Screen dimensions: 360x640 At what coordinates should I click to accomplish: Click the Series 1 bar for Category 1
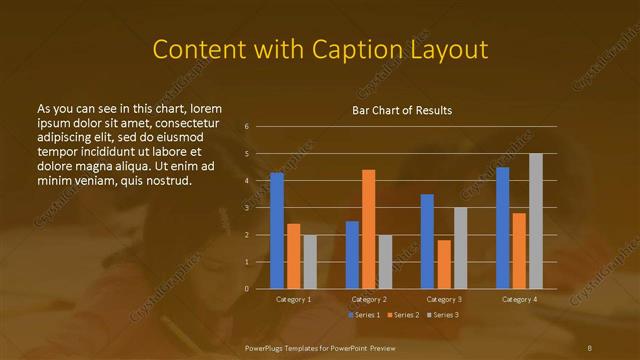pos(276,231)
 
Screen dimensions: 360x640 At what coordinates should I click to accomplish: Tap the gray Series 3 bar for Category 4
pos(535,221)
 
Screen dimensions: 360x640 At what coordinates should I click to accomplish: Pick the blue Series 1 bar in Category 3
pos(427,241)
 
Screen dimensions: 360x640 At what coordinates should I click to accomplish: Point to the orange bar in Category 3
pos(444,264)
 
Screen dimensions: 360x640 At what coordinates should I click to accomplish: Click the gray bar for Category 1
pos(310,262)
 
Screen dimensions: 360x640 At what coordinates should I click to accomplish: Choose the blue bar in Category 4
pos(502,228)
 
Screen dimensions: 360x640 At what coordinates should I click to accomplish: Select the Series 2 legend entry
pos(403,315)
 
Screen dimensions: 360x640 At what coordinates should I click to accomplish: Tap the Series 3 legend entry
pos(441,315)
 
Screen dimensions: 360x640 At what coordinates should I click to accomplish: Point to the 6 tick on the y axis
pos(247,127)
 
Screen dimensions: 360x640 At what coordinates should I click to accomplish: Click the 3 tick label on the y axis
pos(247,208)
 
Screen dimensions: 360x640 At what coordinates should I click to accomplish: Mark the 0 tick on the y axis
pos(247,289)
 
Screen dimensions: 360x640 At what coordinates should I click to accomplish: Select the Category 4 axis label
pos(518,299)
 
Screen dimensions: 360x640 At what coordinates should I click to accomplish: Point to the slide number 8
pos(590,346)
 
